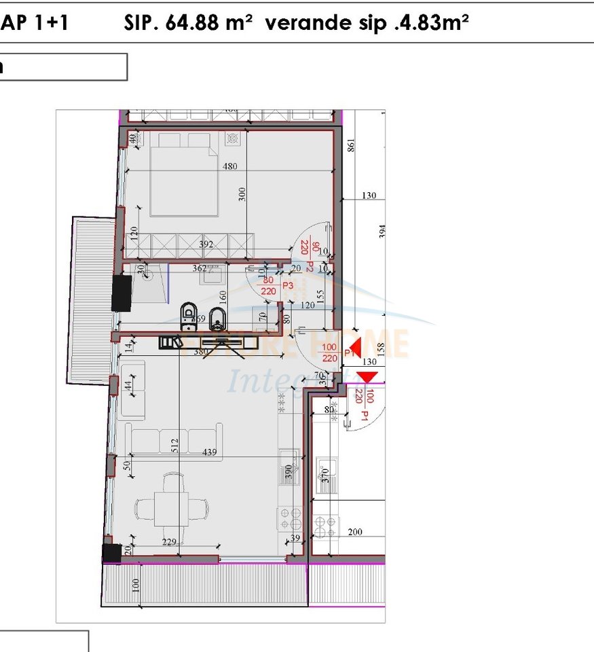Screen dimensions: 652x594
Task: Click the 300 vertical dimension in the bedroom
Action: click(242, 194)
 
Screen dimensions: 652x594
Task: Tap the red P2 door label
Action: click(310, 266)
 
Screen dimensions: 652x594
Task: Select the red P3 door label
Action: click(287, 285)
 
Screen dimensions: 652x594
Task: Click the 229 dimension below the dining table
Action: click(170, 542)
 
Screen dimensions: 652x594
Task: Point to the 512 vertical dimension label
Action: click(174, 445)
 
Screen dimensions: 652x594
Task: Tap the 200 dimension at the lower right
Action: click(355, 532)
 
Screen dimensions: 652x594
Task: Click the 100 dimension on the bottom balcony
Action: click(135, 584)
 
